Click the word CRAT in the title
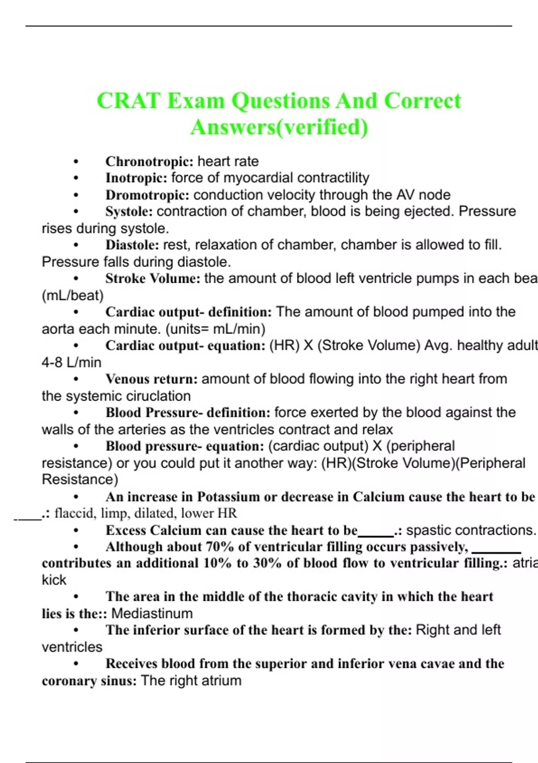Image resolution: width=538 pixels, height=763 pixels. point(129,101)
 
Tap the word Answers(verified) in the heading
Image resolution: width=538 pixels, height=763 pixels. point(279,127)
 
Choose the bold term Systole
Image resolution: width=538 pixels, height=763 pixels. point(129,211)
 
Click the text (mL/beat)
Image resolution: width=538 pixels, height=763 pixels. point(73,295)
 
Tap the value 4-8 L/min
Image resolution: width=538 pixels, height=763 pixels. point(71,362)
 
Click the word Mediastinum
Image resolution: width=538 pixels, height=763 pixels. point(152,613)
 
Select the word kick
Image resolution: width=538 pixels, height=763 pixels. point(54,580)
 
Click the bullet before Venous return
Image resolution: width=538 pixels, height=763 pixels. point(77,379)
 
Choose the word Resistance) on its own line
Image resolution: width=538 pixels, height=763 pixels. point(80,479)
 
